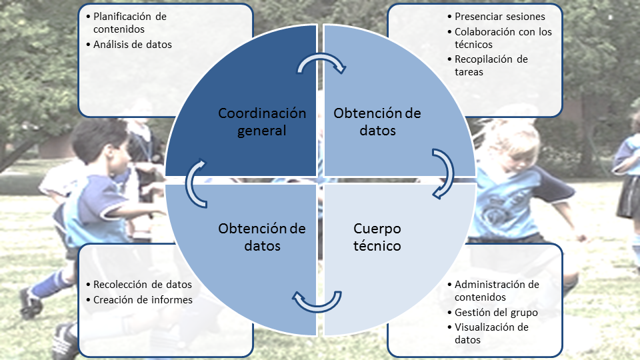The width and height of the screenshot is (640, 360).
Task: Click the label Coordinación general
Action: coord(262,122)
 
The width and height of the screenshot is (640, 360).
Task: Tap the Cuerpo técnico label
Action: coord(377,237)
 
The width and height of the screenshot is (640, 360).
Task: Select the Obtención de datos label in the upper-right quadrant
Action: coord(377,122)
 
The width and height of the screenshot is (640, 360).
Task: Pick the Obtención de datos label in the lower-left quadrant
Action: coord(262,237)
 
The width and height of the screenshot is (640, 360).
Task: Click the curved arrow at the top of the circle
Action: coord(321,63)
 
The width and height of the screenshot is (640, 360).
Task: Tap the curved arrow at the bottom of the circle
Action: coord(319,301)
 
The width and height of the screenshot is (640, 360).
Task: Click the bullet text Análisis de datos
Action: coord(133,45)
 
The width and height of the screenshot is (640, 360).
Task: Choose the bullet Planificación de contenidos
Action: coord(129,22)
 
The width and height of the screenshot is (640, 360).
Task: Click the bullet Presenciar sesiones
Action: coord(499,16)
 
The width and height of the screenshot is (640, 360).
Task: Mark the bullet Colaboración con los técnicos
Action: coord(503,38)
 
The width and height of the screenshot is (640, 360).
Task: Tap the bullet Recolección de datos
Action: coord(143,285)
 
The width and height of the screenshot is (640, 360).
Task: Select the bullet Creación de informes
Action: coord(143,300)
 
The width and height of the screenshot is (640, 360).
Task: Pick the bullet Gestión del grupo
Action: coord(496,312)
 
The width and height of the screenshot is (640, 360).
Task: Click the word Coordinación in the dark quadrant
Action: coord(262,113)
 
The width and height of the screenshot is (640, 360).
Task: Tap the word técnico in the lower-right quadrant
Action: coord(377,246)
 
